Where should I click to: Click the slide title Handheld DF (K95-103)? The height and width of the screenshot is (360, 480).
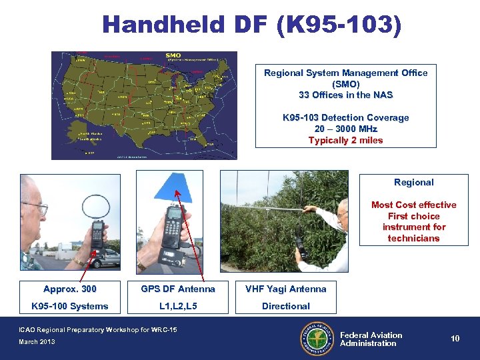(252, 25)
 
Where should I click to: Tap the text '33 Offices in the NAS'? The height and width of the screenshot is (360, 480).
(345, 95)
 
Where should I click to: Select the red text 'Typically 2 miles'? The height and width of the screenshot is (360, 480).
(345, 140)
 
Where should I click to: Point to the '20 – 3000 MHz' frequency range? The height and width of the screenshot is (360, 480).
(345, 129)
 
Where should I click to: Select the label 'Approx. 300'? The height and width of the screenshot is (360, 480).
(70, 289)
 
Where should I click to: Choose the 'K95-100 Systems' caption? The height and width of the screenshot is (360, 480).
(70, 306)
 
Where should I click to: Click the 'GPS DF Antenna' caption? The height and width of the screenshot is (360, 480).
(178, 289)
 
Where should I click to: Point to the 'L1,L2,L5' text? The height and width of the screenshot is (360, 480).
(178, 306)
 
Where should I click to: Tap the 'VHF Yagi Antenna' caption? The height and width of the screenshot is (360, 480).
(285, 289)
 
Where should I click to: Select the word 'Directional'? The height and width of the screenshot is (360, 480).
(285, 306)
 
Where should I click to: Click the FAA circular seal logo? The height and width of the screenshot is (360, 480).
(317, 339)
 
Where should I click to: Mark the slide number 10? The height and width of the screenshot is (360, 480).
(455, 339)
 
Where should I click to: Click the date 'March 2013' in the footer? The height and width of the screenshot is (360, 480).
(38, 342)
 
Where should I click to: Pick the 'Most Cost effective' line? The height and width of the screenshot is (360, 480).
(413, 205)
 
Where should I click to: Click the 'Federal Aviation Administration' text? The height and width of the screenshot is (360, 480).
(371, 339)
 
